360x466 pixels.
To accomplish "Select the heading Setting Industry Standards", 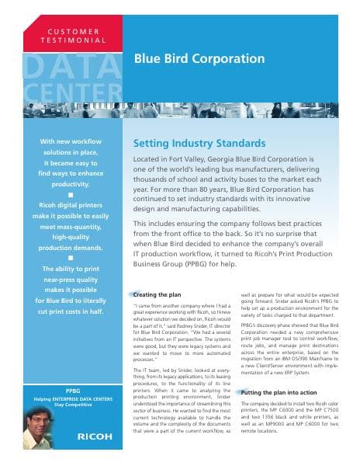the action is (199, 144).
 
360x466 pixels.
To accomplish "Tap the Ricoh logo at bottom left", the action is (95, 436).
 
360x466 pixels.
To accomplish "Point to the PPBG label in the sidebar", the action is (73, 389).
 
